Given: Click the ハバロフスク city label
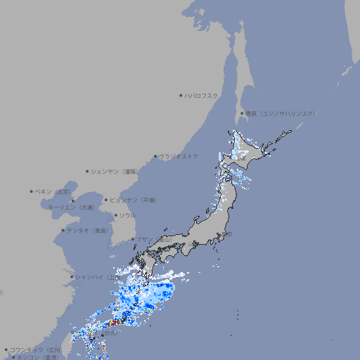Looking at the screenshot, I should pyautogui.click(x=201, y=96).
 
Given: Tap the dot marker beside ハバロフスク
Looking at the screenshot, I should pyautogui.click(x=181, y=96).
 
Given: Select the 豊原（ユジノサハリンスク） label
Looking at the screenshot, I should pyautogui.click(x=281, y=113).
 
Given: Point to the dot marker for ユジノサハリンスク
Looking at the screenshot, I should pyautogui.click(x=242, y=113).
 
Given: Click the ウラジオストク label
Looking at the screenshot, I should pyautogui.click(x=179, y=156).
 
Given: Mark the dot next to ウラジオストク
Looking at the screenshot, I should pyautogui.click(x=156, y=156).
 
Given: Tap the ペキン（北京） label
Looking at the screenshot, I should pyautogui.click(x=54, y=191).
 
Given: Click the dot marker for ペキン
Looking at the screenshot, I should pyautogui.click(x=32, y=191).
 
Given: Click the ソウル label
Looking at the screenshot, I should pyautogui.click(x=127, y=215).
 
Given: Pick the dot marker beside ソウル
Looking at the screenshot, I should pyautogui.click(x=115, y=215).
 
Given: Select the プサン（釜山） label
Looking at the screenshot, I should pyautogui.click(x=154, y=239).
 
